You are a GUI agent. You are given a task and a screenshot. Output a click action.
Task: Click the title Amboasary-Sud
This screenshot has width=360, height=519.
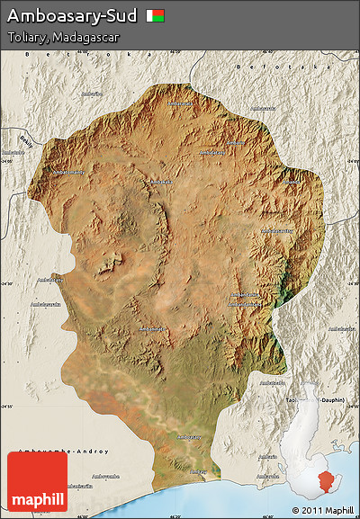pyautogui.click(x=72, y=16)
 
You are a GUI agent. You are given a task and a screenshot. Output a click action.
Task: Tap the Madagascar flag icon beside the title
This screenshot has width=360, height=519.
pyautogui.click(x=156, y=16)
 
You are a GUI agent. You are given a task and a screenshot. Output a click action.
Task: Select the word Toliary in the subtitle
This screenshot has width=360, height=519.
pyautogui.click(x=26, y=38)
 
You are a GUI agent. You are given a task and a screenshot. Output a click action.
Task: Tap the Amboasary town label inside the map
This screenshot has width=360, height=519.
pyautogui.click(x=188, y=437)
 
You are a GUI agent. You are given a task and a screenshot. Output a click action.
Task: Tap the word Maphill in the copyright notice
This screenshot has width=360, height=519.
pyautogui.click(x=338, y=510)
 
